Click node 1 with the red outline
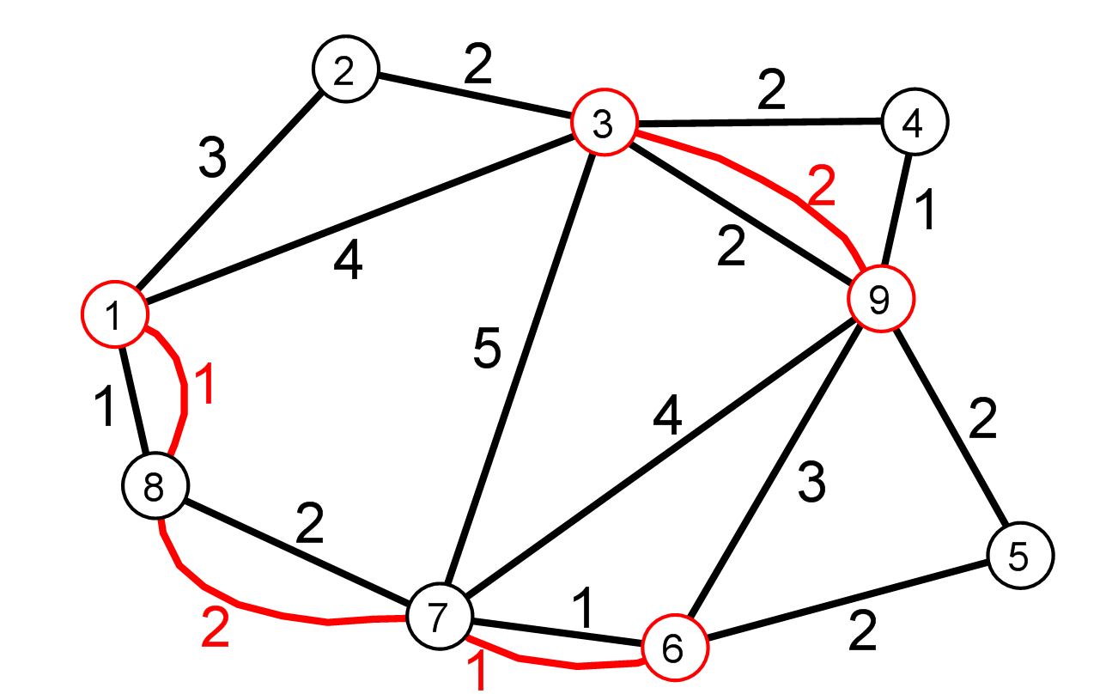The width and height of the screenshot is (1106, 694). pyautogui.click(x=114, y=314)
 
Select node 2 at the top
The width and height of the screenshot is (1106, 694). pyautogui.click(x=345, y=69)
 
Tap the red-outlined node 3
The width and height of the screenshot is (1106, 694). pyautogui.click(x=605, y=123)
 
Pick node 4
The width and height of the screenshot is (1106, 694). pyautogui.click(x=915, y=121)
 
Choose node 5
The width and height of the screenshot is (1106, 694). pyautogui.click(x=1021, y=555)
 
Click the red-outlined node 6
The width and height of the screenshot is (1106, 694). pyautogui.click(x=675, y=648)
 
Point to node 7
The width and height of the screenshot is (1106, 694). pyautogui.click(x=440, y=616)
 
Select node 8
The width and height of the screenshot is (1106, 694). pyautogui.click(x=155, y=485)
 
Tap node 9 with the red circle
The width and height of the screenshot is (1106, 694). pyautogui.click(x=881, y=298)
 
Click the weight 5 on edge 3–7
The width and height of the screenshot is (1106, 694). pyautogui.click(x=487, y=347)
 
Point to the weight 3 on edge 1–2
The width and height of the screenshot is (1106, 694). pyautogui.click(x=213, y=157)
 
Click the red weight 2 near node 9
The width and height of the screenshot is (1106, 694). pyautogui.click(x=822, y=186)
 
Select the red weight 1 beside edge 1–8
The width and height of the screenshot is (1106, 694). pyautogui.click(x=204, y=384)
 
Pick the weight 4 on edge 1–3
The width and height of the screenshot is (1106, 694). pyautogui.click(x=348, y=259)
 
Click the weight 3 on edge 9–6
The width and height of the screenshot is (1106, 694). pyautogui.click(x=811, y=482)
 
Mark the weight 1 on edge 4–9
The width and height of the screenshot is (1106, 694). pyautogui.click(x=925, y=210)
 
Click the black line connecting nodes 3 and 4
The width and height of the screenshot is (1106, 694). pyautogui.click(x=760, y=121)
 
